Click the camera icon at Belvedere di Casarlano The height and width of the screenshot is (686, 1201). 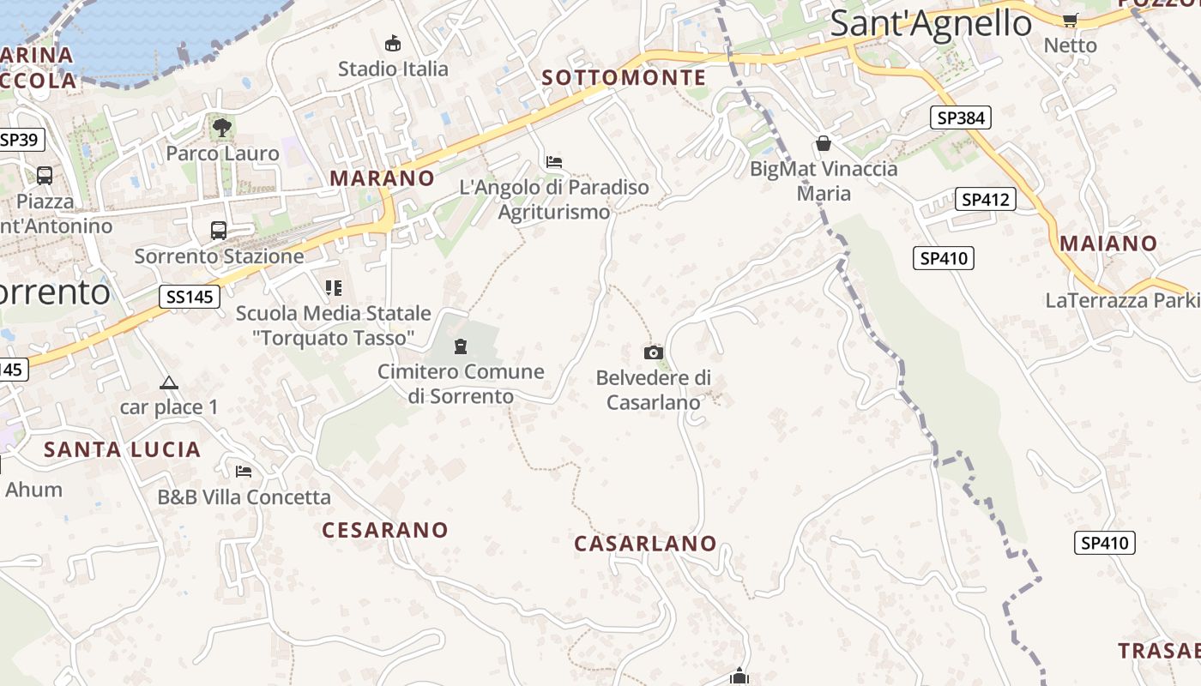pos(654,352)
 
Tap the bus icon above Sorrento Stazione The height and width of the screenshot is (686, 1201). pos(219,231)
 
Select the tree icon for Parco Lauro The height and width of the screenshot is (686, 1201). pos(222,129)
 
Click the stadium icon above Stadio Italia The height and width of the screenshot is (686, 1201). pos(393,43)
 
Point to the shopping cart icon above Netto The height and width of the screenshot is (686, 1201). pos(1070,20)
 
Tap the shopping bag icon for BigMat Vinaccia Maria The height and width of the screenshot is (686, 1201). pos(824,143)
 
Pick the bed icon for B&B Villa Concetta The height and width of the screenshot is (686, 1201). pos(244,471)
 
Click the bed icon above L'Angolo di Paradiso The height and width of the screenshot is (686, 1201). pos(554,161)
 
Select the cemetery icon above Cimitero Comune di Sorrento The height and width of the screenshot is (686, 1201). pos(461,346)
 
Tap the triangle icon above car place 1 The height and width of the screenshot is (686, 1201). pos(169,382)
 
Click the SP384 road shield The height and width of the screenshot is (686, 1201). pos(961,117)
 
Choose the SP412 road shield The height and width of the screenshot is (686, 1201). pos(986,200)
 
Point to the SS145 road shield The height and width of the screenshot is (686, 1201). pos(190,297)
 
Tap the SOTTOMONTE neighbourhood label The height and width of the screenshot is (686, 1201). pos(624,78)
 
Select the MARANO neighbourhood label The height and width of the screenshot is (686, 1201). pos(383,178)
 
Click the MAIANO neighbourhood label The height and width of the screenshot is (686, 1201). pos(1108,244)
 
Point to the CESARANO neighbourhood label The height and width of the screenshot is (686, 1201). pos(385,530)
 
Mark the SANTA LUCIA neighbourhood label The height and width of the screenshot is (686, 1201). pos(122,449)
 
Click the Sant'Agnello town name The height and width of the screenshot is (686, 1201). pos(931,23)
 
